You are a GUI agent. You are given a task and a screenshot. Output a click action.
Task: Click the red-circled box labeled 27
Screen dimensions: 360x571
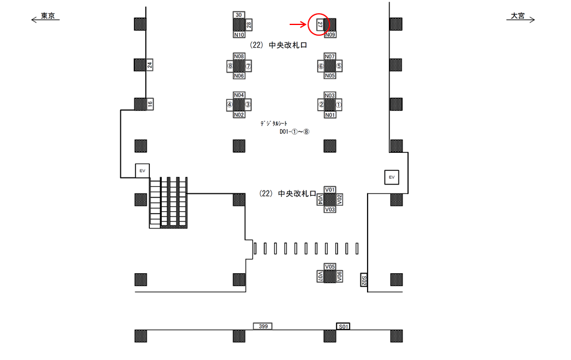click(x=319, y=24)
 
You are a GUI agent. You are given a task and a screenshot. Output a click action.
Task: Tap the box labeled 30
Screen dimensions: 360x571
click(x=239, y=14)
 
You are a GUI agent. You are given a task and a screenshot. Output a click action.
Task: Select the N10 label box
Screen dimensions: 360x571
click(x=239, y=35)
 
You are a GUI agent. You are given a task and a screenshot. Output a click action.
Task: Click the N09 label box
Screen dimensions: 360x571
click(x=331, y=35)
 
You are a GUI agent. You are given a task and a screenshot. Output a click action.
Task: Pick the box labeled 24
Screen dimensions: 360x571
click(x=150, y=65)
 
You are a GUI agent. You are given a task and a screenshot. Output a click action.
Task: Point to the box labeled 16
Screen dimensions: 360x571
click(x=150, y=104)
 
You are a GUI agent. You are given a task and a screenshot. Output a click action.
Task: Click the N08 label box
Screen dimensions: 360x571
click(x=239, y=56)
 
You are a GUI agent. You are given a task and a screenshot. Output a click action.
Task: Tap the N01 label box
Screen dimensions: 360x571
click(x=330, y=115)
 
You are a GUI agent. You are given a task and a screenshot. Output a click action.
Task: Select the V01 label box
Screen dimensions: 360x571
click(x=331, y=189)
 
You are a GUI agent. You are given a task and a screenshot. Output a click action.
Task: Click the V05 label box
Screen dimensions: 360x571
click(x=331, y=267)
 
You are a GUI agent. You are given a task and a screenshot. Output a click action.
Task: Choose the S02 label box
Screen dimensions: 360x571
click(x=365, y=280)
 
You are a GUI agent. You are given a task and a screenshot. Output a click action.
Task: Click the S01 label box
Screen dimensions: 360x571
click(x=343, y=326)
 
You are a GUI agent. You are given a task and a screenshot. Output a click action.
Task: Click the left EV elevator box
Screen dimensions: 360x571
click(x=142, y=171)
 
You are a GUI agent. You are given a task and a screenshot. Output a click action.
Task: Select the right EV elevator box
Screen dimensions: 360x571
click(x=391, y=177)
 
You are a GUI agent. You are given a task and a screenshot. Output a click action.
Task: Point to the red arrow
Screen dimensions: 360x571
click(x=297, y=24)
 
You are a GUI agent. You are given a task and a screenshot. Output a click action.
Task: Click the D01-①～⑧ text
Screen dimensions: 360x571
click(x=294, y=132)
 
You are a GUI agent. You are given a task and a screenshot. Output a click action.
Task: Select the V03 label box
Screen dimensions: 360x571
click(x=331, y=209)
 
